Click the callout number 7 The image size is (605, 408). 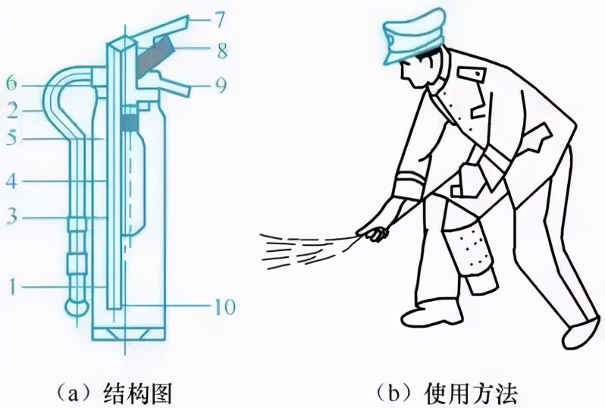pos(218,17)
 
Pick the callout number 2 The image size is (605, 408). pos(12,111)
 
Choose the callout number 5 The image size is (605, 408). pos(12,140)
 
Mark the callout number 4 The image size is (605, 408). pos(12,182)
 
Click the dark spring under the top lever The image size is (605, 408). pos(156,57)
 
